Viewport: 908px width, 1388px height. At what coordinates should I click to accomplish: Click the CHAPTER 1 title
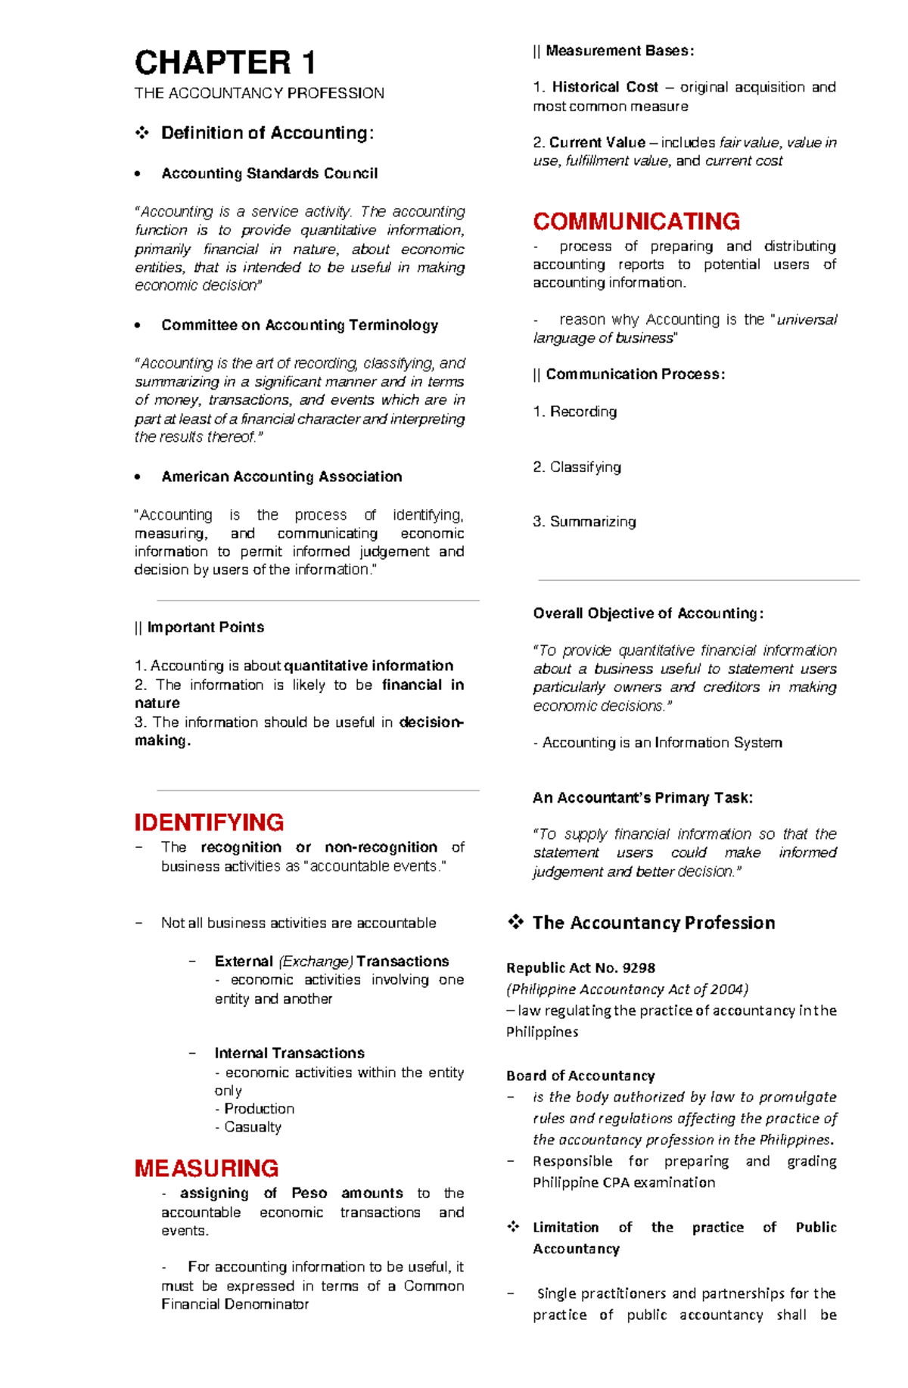click(x=225, y=63)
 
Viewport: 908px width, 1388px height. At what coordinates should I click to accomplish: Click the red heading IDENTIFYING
click(x=209, y=822)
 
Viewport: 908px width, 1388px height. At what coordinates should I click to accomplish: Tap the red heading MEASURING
click(x=207, y=1168)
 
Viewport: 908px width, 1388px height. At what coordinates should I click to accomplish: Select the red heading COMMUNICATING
click(x=636, y=222)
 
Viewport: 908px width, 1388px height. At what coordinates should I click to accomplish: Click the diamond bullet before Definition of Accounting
click(x=141, y=133)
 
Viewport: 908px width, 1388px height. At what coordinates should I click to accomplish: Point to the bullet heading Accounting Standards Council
click(x=269, y=173)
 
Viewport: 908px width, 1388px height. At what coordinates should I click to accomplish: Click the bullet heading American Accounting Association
click(x=281, y=477)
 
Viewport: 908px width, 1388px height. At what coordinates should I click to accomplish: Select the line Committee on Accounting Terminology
click(x=299, y=325)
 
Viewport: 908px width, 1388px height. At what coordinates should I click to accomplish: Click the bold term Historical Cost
click(x=605, y=87)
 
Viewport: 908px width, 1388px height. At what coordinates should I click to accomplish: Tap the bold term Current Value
click(x=597, y=142)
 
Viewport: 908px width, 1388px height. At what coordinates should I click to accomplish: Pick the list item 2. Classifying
click(x=577, y=467)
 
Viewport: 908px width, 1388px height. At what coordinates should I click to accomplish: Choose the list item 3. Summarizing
click(x=584, y=521)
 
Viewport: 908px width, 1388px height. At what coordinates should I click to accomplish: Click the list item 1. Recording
click(x=574, y=411)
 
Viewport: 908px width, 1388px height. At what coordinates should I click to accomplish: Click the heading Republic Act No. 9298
click(x=580, y=967)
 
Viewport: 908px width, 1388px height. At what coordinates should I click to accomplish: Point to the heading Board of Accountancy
click(x=580, y=1076)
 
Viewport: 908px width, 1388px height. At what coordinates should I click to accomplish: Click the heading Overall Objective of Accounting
click(x=648, y=613)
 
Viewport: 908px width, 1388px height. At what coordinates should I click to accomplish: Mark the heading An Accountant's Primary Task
click(x=642, y=797)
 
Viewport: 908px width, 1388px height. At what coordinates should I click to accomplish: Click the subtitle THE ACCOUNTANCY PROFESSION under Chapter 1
click(x=259, y=93)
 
